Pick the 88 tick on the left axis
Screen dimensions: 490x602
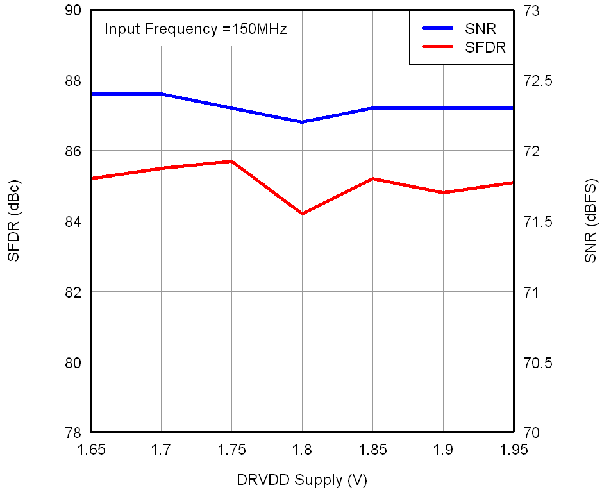coord(72,81)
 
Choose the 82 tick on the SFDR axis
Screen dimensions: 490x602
coord(72,292)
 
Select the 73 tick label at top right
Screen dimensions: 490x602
coord(533,11)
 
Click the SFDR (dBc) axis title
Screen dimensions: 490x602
coord(13,221)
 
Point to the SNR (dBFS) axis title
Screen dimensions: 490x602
coord(590,221)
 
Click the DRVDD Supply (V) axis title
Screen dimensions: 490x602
coord(302,479)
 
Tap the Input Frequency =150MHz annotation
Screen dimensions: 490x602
coord(196,29)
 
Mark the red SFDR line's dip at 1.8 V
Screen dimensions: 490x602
coord(302,214)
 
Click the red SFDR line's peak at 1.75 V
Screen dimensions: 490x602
coord(231,161)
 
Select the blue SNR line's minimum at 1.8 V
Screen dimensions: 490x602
coord(302,122)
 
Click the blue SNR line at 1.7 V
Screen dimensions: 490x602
coord(161,94)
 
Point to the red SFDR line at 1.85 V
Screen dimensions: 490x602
coord(372,178)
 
